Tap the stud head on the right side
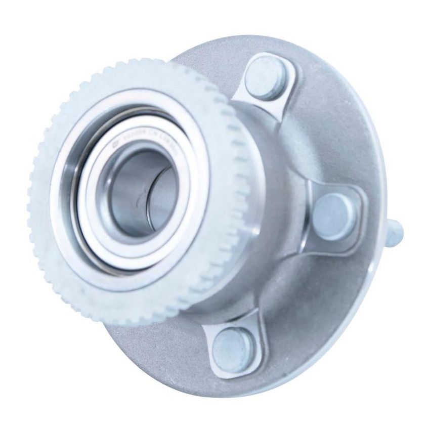pos(331,212)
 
